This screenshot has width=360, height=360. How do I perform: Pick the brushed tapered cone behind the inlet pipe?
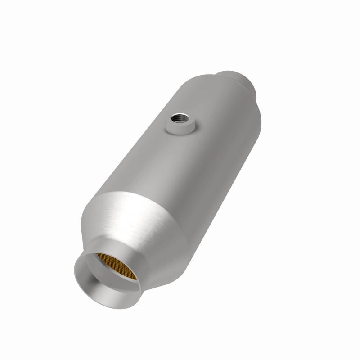click(148, 234)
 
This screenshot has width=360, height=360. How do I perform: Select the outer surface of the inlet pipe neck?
click(135, 292)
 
